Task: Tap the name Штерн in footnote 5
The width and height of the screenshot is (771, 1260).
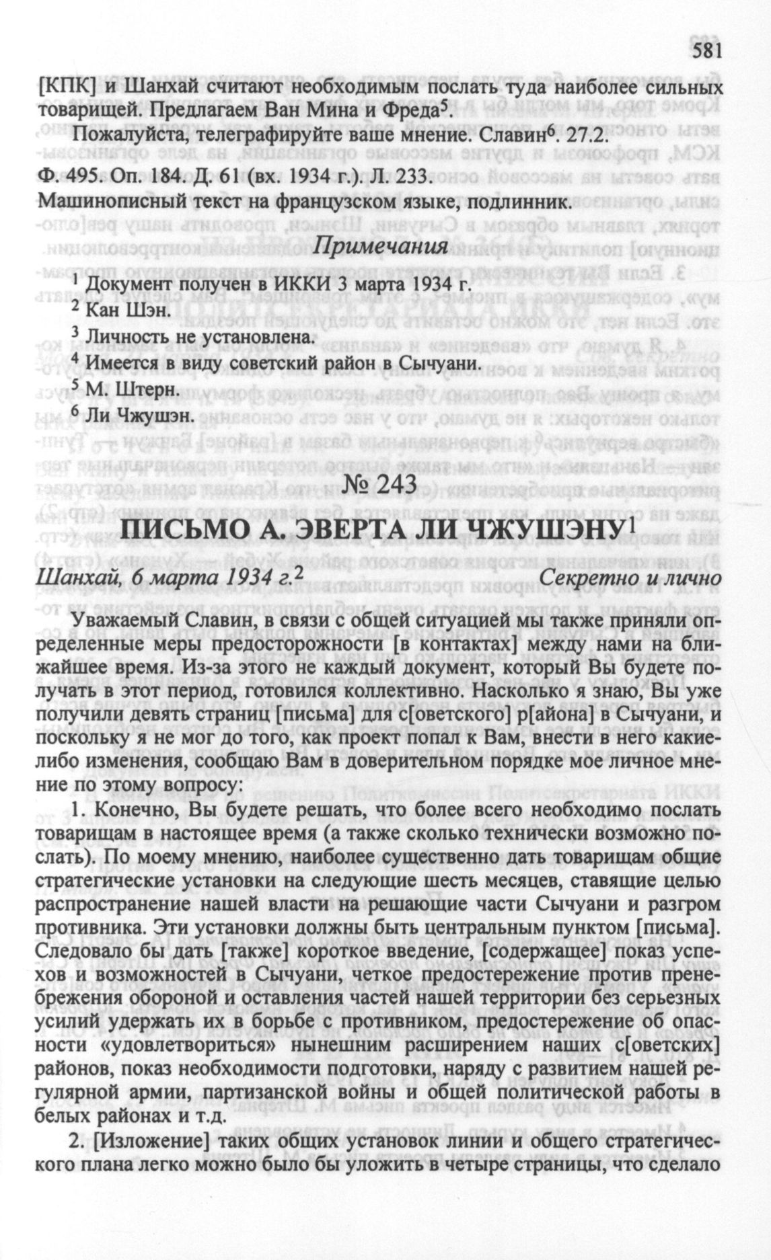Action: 146,389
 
